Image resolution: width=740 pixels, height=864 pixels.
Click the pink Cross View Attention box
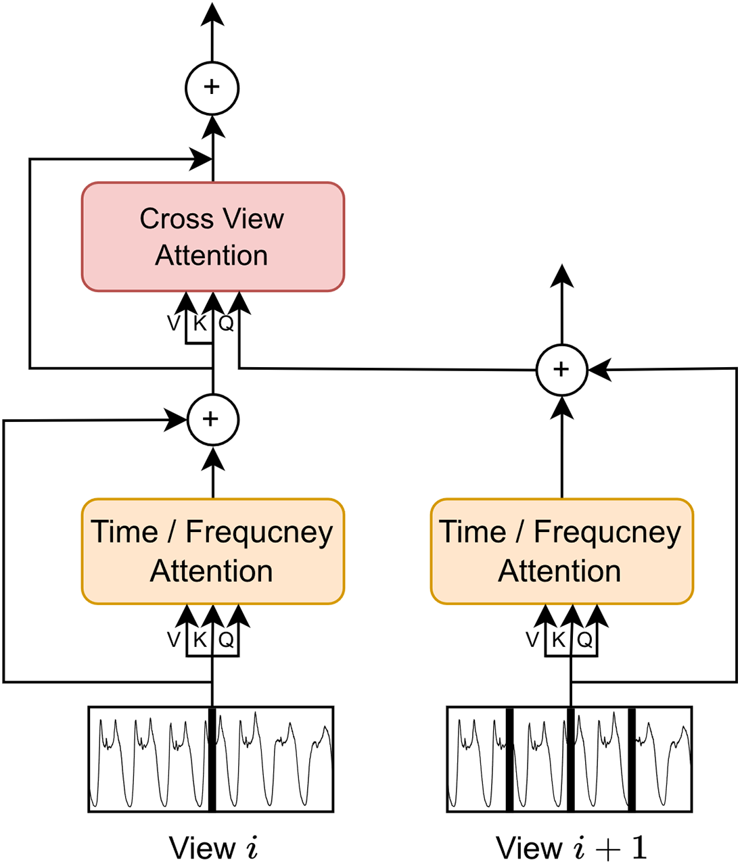pyautogui.click(x=213, y=237)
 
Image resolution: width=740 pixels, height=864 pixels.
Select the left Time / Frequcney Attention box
pyautogui.click(x=213, y=552)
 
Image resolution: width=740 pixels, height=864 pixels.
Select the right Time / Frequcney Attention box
pyautogui.click(x=562, y=552)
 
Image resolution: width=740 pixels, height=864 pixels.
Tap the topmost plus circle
pyautogui.click(x=212, y=88)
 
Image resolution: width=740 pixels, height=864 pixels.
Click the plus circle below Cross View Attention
pyautogui.click(x=213, y=420)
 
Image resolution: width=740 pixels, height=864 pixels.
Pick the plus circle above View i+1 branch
pyautogui.click(x=562, y=370)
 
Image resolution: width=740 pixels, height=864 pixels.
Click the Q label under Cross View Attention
pyautogui.click(x=227, y=323)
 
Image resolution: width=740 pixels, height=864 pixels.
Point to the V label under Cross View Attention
pyautogui.click(x=174, y=323)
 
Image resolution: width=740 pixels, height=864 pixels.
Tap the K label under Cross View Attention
pyautogui.click(x=200, y=323)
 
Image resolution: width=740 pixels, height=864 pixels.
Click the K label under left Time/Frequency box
pyautogui.click(x=200, y=640)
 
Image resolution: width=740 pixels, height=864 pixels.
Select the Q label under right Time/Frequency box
pyautogui.click(x=584, y=640)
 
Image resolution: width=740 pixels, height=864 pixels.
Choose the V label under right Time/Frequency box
pyautogui.click(x=532, y=640)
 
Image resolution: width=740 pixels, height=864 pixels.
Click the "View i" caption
pyautogui.click(x=213, y=848)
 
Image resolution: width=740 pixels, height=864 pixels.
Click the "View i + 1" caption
pyautogui.click(x=572, y=848)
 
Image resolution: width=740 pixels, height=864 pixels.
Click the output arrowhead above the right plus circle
pyautogui.click(x=562, y=275)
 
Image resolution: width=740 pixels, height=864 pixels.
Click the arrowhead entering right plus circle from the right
pyautogui.click(x=601, y=370)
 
